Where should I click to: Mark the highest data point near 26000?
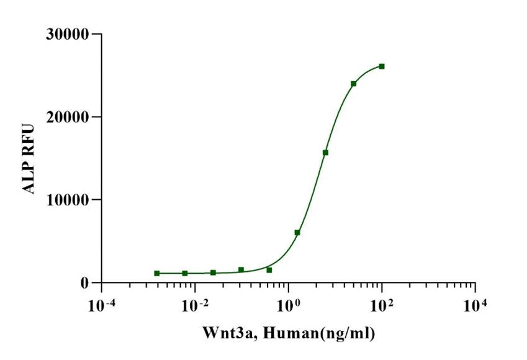[x=382, y=66]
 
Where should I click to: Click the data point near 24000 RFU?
[x=353, y=83]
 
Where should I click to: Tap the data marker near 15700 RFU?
[x=325, y=152]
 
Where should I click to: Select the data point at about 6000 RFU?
[x=297, y=232]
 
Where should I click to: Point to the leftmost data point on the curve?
[x=157, y=273]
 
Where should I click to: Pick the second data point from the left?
[x=185, y=273]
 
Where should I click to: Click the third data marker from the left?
[x=213, y=272]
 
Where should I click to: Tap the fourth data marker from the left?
[x=241, y=269]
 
